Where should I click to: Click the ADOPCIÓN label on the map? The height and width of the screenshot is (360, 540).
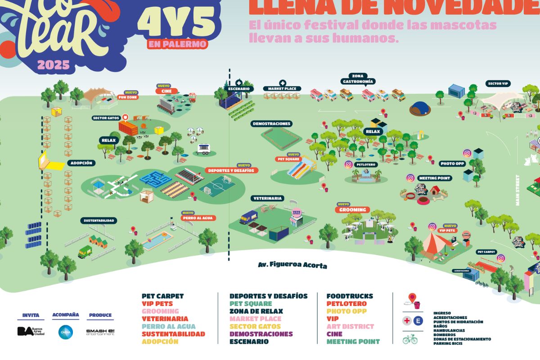[81, 163]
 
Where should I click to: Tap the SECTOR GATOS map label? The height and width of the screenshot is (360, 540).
[106, 118]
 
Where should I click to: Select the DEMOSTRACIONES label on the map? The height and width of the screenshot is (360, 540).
[271, 123]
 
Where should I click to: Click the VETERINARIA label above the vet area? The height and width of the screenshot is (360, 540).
[268, 198]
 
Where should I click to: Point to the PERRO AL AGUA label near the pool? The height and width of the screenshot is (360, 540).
[198, 218]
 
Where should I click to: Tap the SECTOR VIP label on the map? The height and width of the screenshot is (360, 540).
[498, 84]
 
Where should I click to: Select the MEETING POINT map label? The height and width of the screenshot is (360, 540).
[434, 178]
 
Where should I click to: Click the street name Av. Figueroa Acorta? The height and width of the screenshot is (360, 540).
[292, 265]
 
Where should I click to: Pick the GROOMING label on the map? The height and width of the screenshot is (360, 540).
[353, 210]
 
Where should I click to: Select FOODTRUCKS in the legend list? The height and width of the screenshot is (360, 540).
[350, 296]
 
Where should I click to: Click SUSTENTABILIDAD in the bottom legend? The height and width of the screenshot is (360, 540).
[173, 334]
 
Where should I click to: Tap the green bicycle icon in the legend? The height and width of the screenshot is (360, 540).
[410, 339]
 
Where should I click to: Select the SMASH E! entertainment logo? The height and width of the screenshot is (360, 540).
[100, 332]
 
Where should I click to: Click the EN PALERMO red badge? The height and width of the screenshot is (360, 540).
[177, 44]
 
